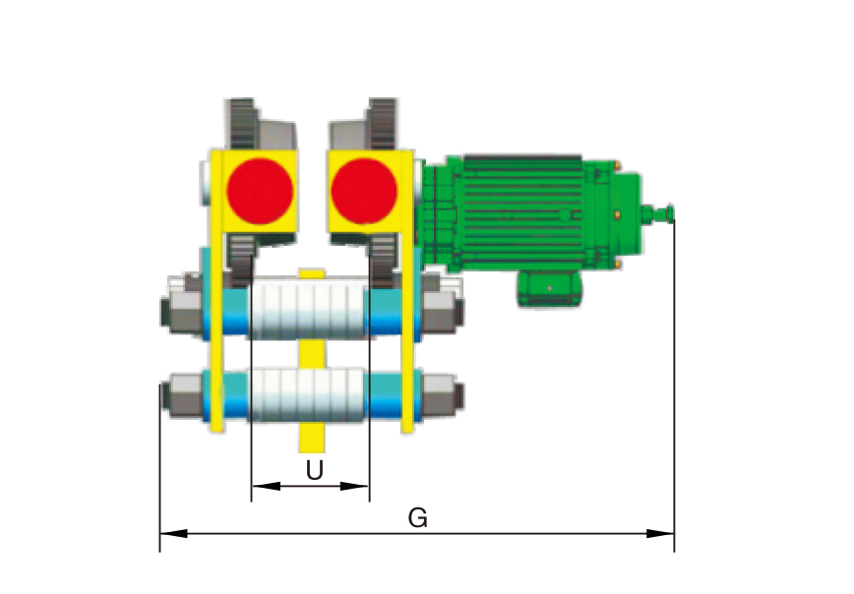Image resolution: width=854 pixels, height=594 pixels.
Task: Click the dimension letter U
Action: coord(314,470)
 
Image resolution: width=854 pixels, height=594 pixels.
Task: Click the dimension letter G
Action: coord(418,517)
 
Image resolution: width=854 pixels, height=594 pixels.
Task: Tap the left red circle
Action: coord(260,191)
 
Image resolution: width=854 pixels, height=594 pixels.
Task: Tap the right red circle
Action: coord(364,191)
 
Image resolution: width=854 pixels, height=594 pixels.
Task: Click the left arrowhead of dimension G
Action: coord(173,534)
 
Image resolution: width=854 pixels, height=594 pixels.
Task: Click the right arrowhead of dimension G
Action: coord(660,534)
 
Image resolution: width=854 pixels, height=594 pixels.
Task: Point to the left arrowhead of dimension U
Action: coord(266,486)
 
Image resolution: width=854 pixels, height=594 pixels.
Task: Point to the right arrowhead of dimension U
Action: coord(355,486)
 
